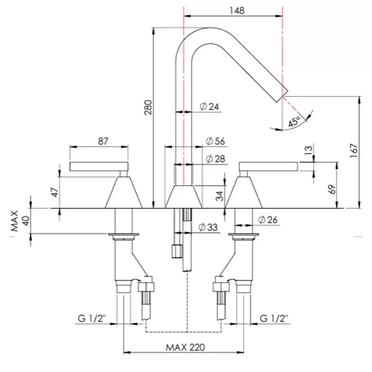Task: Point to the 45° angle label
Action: tap(294, 121)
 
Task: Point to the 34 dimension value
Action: tap(219, 196)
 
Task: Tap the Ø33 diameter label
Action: tap(208, 227)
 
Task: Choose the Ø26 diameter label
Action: tap(268, 219)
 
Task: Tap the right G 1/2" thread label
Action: tap(274, 319)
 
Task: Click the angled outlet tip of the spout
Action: tap(282, 95)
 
